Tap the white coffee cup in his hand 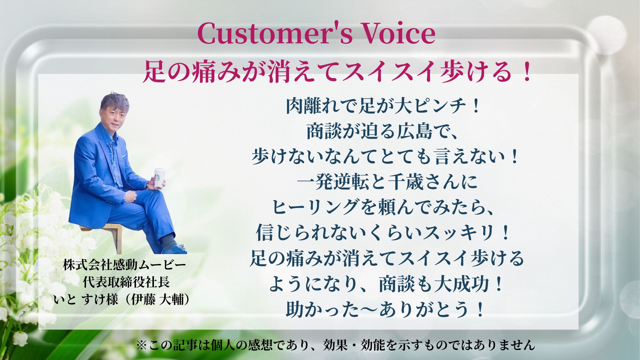(x=159, y=177)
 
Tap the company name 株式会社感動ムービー (x=124, y=265)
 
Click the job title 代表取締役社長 (x=126, y=283)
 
